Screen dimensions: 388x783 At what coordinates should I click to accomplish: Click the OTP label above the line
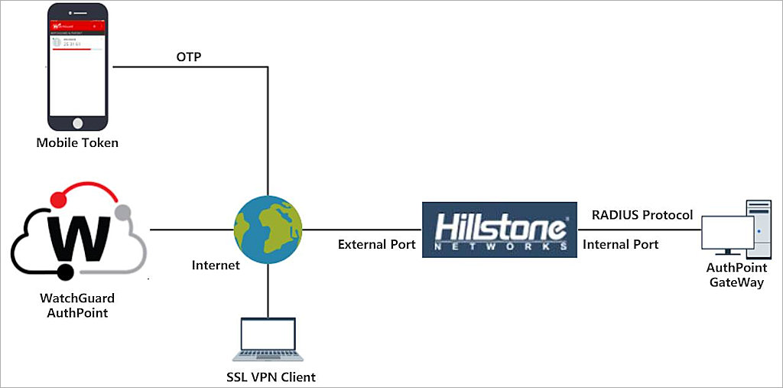[x=188, y=57]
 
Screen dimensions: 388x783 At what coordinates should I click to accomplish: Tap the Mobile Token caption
[x=78, y=142]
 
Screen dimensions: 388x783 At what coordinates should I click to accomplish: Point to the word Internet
[x=216, y=266]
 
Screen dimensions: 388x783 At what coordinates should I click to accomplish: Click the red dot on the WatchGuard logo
[x=56, y=200]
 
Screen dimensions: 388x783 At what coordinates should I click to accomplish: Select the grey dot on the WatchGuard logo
[x=122, y=212]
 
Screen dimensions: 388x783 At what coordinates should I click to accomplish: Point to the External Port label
[x=377, y=245]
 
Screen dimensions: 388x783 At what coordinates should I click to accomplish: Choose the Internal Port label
[x=620, y=245]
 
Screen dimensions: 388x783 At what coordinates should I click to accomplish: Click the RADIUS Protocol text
[x=642, y=215]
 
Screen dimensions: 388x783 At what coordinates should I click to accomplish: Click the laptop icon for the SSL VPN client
[x=268, y=337]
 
